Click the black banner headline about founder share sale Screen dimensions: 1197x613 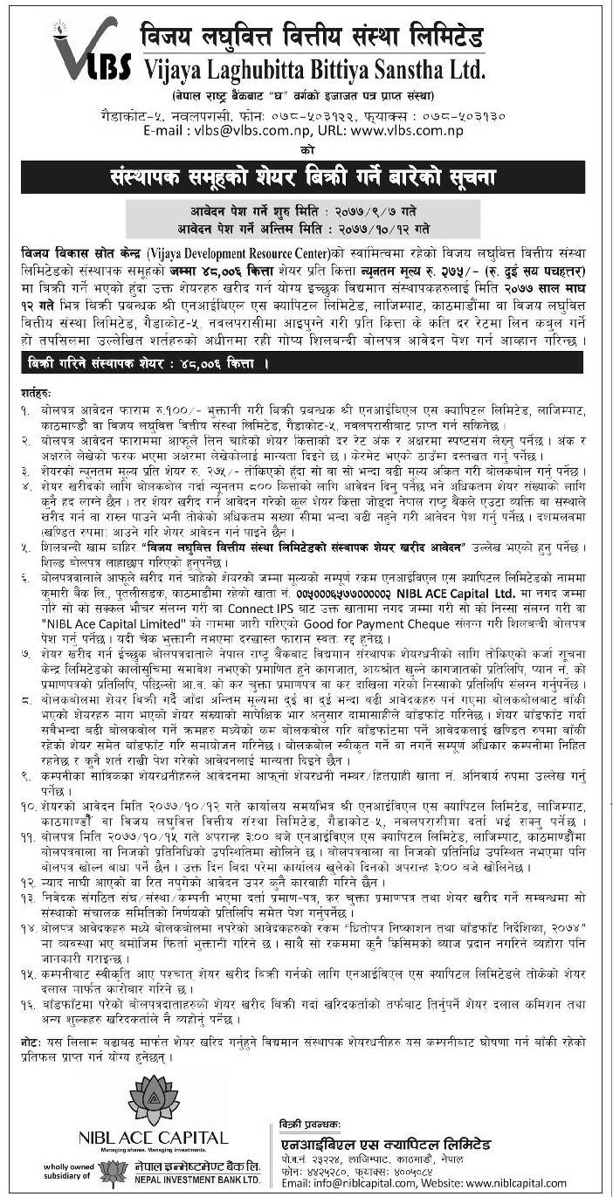(x=306, y=177)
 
